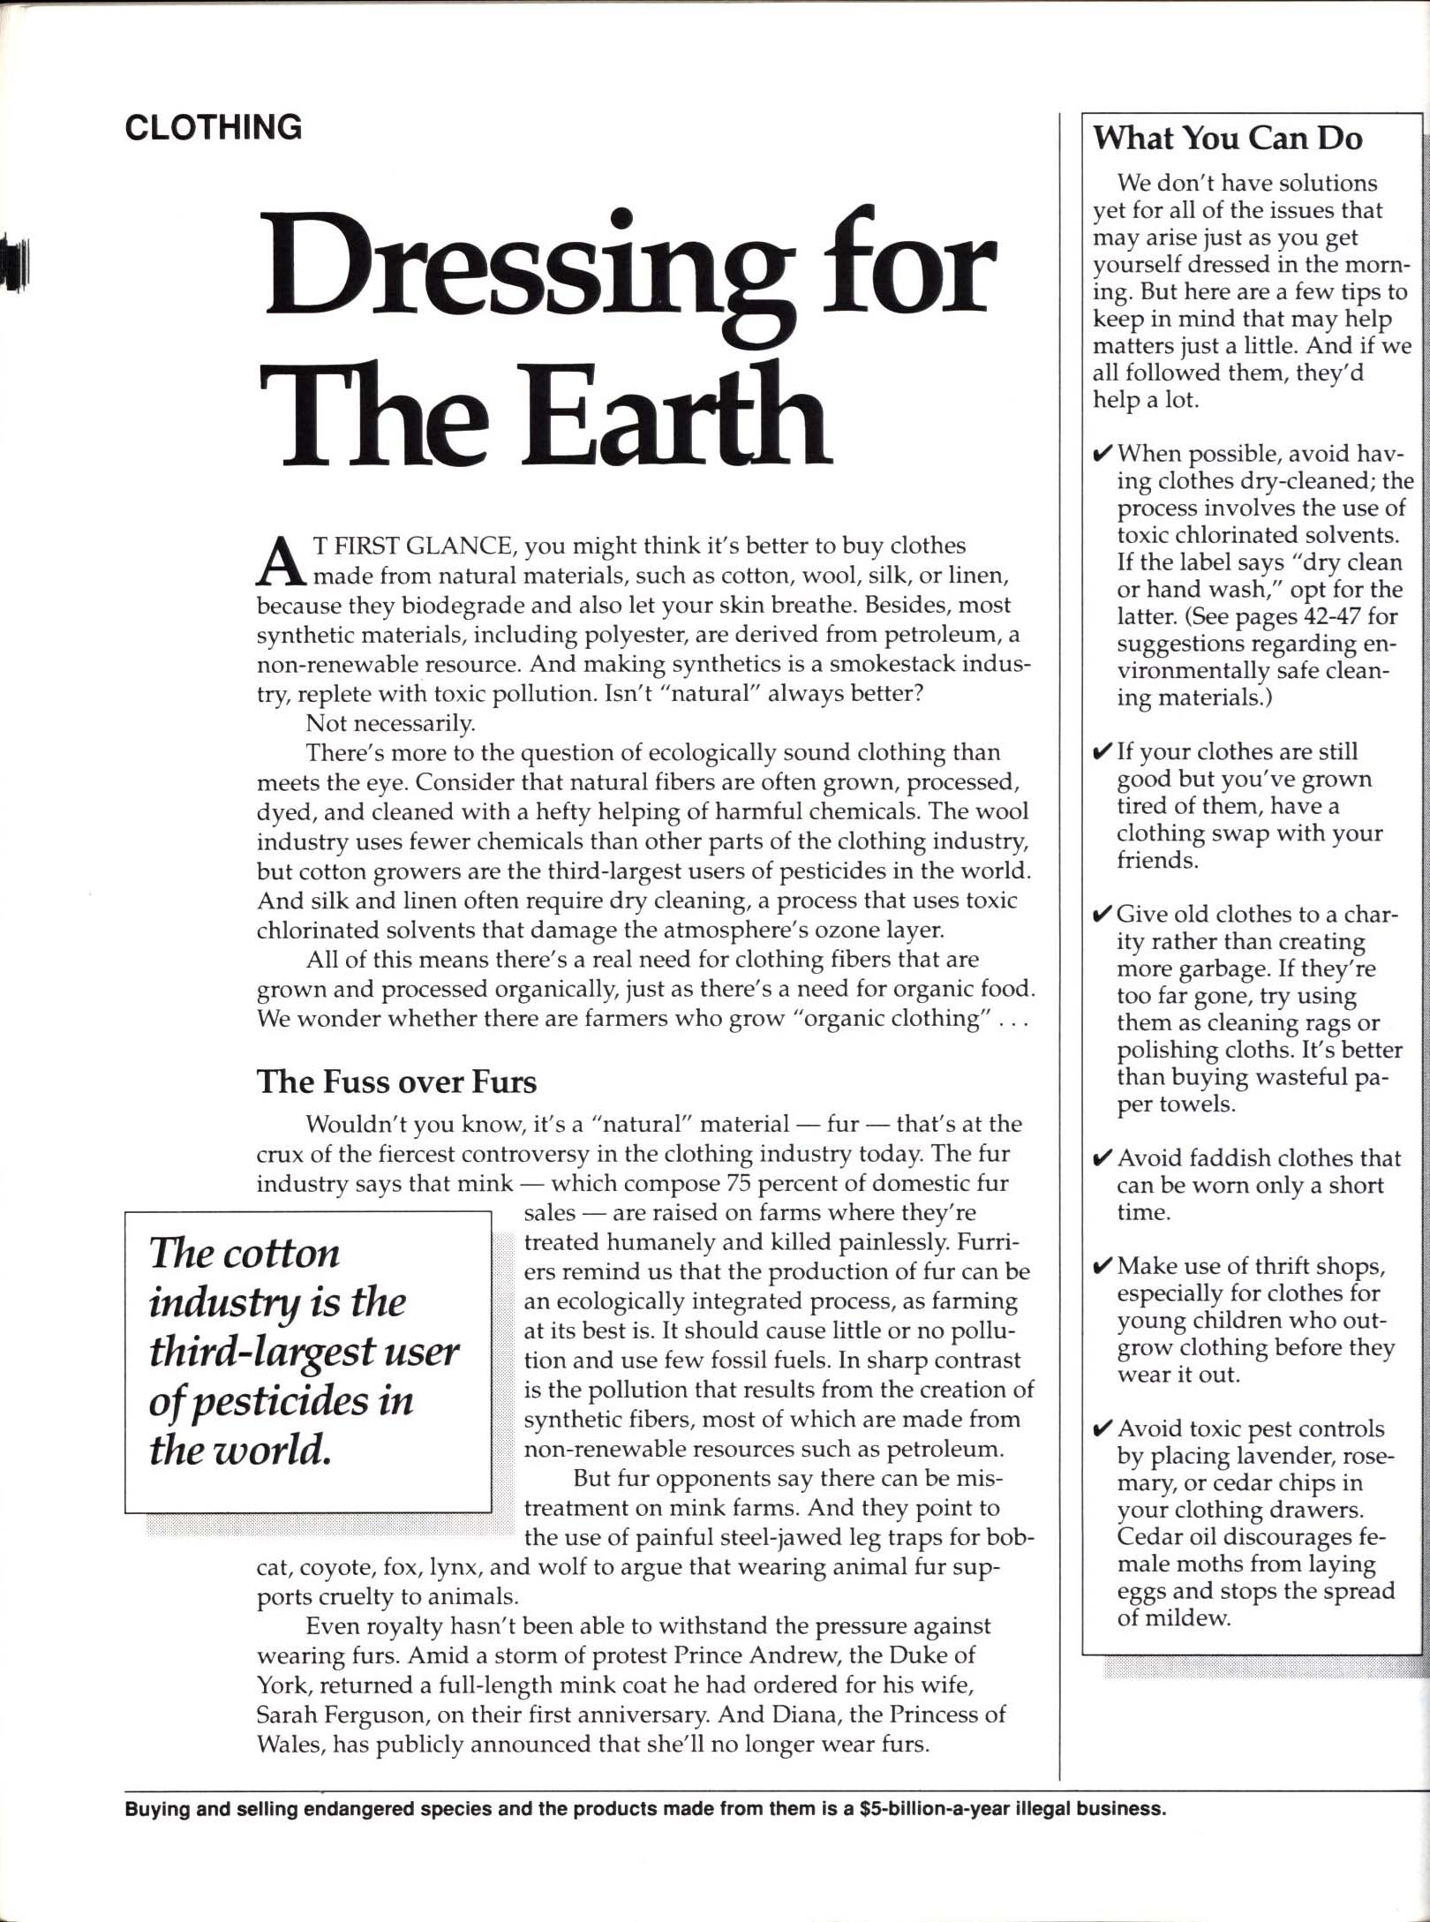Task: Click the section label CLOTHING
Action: (x=213, y=128)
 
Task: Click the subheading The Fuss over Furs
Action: (x=396, y=1082)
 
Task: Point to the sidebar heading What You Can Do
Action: (x=1227, y=139)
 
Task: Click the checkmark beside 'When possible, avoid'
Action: (x=1103, y=455)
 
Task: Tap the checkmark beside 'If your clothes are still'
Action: (x=1103, y=752)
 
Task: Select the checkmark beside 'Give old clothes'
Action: (x=1103, y=915)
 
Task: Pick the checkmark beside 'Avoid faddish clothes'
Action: (x=1103, y=1158)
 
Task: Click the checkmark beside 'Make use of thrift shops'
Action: (x=1103, y=1267)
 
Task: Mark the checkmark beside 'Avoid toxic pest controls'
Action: (x=1103, y=1429)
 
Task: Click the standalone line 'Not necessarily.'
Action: (x=390, y=724)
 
